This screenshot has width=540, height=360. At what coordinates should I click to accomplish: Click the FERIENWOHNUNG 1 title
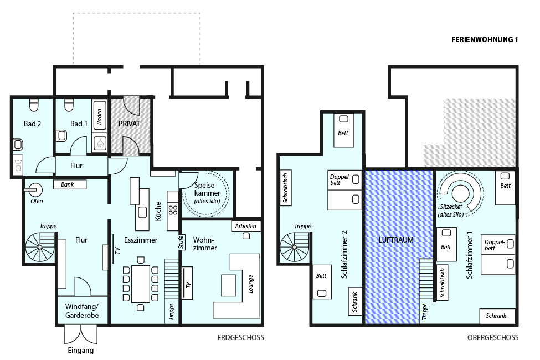pyautogui.click(x=484, y=40)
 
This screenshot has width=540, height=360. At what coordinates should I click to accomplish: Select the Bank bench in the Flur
pyautogui.click(x=70, y=184)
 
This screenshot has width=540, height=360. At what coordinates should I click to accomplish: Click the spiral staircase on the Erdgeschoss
pyautogui.click(x=40, y=247)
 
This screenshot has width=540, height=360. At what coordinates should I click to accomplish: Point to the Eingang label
pyautogui.click(x=81, y=351)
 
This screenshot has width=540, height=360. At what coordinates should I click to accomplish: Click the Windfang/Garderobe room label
pyautogui.click(x=82, y=311)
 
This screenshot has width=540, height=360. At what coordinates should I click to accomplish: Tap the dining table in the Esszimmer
pyautogui.click(x=140, y=284)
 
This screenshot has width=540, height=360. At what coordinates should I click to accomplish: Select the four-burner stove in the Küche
pyautogui.click(x=173, y=210)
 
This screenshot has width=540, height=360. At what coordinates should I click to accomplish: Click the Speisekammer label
pyautogui.click(x=207, y=193)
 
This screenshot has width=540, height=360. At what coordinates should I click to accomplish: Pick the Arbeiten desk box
pyautogui.click(x=245, y=226)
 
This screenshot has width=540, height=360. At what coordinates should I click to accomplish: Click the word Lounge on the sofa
pyautogui.click(x=250, y=284)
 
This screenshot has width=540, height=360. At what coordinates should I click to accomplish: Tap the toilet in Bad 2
pyautogui.click(x=34, y=105)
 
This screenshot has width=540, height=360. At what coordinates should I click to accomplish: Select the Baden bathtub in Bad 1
pyautogui.click(x=100, y=115)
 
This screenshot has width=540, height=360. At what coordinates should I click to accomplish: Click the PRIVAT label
pyautogui.click(x=129, y=124)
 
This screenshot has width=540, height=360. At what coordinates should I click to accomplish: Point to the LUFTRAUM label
pyautogui.click(x=395, y=240)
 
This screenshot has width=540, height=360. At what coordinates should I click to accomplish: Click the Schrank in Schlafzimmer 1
pyautogui.click(x=497, y=316)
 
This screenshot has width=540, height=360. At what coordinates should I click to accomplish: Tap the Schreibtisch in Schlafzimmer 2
pyautogui.click(x=286, y=188)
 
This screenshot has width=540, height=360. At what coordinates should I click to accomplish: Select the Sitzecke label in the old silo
pyautogui.click(x=450, y=210)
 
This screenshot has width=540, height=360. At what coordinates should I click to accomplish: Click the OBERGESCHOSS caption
pyautogui.click(x=493, y=338)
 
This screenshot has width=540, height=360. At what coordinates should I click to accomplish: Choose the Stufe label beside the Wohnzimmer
pyautogui.click(x=181, y=242)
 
